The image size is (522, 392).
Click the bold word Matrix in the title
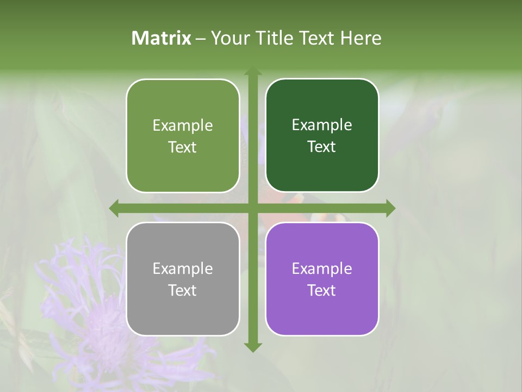161,38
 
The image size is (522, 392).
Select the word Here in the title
361,38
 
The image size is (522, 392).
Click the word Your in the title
229,38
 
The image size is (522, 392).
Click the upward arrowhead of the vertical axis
252,72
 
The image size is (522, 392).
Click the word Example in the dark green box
322,125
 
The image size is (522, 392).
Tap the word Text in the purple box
322,291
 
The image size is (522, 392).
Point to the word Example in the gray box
183,269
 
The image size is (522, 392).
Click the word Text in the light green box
183,148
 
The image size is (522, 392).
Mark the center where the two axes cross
252,209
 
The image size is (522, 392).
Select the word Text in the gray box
183,291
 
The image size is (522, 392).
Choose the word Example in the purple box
322,269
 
